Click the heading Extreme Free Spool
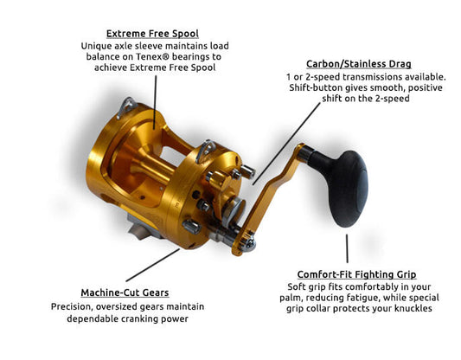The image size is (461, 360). [x=152, y=34]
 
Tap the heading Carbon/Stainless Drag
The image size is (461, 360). [x=358, y=64]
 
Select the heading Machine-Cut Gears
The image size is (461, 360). [x=125, y=292]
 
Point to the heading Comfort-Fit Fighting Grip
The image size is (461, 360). [x=356, y=274]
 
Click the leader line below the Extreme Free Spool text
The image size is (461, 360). [x=155, y=102]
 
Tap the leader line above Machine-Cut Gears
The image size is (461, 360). [x=152, y=265]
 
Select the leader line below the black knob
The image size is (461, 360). [x=347, y=248]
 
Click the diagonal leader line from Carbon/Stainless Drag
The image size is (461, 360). [x=286, y=144]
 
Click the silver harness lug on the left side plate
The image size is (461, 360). [x=125, y=107]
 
